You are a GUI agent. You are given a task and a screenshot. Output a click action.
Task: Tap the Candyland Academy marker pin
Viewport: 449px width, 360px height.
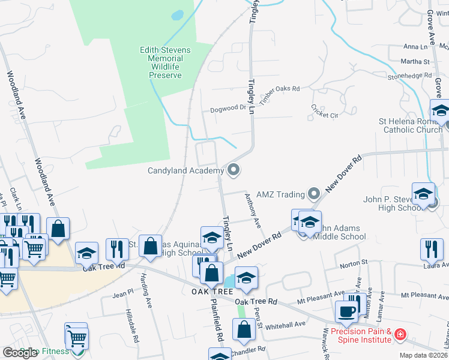click(x=234, y=171)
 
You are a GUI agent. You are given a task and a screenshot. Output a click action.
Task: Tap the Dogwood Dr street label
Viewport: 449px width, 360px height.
click(x=228, y=109)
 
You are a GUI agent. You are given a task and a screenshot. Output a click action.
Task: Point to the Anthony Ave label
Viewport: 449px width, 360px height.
click(x=253, y=210)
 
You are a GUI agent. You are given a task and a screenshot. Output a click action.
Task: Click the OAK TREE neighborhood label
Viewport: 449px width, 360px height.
click(x=212, y=292)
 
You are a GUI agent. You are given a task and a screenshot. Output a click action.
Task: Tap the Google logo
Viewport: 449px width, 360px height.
click(x=20, y=353)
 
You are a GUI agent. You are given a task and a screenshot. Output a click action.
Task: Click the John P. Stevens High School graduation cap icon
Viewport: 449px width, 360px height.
click(x=423, y=193)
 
